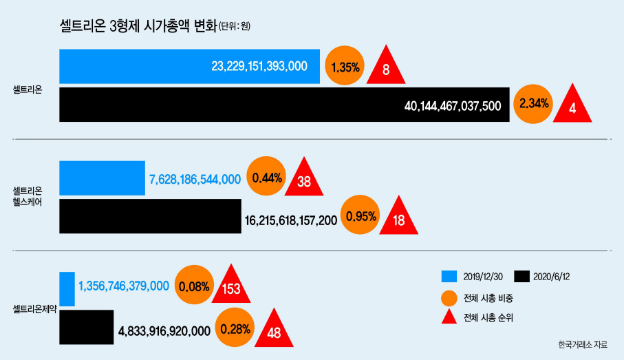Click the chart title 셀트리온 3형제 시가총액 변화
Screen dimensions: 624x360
pos(138,26)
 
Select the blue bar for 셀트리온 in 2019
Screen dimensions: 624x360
pos(189,67)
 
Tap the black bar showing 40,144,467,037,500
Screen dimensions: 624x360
pos(284,105)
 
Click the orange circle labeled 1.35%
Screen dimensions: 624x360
pos(345,65)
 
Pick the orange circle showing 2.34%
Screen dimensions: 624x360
pos(533,104)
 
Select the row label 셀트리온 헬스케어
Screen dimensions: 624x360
pos(28,196)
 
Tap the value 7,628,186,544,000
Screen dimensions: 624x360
pos(195,179)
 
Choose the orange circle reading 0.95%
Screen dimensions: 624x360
pos(361,215)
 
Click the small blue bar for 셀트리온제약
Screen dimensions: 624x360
pos(67,289)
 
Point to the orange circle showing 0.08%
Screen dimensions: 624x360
pos(194,285)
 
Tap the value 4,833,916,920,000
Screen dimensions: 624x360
pos(164,331)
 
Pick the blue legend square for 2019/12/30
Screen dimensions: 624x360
pos(449,277)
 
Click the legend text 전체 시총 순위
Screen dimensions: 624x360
pos(488,317)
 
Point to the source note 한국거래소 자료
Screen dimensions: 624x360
pos(583,344)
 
